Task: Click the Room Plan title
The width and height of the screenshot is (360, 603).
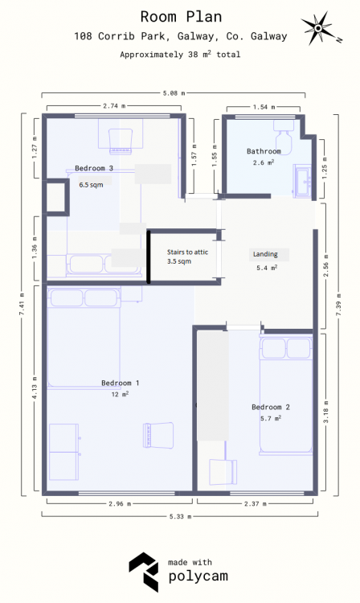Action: tap(181, 17)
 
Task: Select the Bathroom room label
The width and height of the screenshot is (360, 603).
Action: tap(264, 151)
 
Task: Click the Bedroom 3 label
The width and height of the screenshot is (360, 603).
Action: tap(94, 168)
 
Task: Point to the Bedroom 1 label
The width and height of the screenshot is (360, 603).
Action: tap(121, 383)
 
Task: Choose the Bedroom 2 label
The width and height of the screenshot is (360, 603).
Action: tap(271, 407)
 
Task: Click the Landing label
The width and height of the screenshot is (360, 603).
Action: tap(265, 254)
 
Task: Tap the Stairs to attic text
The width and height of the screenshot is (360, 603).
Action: tap(187, 252)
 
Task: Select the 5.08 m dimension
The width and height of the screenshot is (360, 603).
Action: tap(174, 93)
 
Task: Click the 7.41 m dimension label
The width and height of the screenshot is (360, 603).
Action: tap(22, 305)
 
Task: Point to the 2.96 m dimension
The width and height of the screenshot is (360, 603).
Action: tap(120, 503)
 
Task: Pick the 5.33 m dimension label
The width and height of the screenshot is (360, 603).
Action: tap(180, 516)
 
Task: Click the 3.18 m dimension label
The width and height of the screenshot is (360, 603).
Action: tap(325, 412)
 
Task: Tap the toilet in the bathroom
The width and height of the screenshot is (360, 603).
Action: tap(284, 137)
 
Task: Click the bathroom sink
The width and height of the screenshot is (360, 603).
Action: tap(303, 181)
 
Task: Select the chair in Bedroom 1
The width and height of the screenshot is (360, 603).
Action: tap(158, 435)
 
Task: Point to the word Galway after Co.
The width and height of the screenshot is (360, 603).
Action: tap(268, 36)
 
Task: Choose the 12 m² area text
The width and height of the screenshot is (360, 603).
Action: tap(120, 394)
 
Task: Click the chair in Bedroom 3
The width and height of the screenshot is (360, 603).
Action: tap(121, 142)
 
